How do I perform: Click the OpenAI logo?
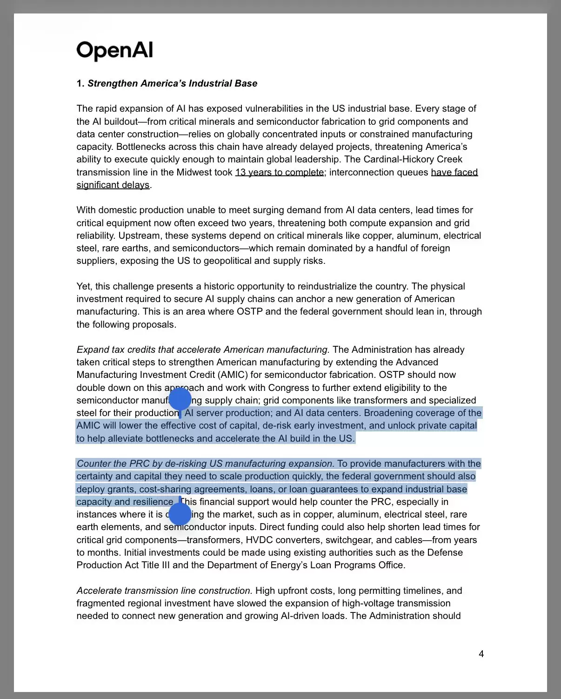point(114,50)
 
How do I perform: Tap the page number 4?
point(481,654)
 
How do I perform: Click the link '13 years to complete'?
point(280,172)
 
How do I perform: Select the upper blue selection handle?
point(180,399)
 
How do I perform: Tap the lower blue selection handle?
point(180,514)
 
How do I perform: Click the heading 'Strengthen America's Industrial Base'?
point(172,83)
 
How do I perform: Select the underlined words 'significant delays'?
point(113,185)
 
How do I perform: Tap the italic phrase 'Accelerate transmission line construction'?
point(164,591)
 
